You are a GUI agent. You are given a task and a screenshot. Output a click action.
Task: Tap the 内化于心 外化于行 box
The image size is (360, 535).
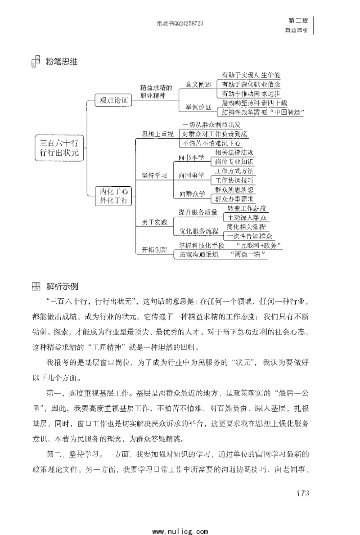click(x=114, y=196)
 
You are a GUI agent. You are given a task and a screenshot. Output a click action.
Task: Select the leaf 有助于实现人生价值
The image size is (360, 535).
click(x=251, y=75)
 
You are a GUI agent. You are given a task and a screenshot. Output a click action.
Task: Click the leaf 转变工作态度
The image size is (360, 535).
click(x=247, y=208)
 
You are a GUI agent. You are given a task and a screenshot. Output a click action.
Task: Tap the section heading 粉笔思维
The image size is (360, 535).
click(x=62, y=62)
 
